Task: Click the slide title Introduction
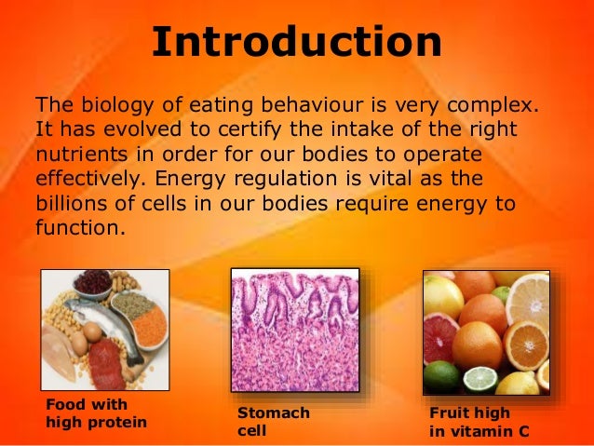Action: [x=296, y=42]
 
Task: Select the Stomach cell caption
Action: [x=274, y=421]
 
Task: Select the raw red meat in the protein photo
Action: [x=103, y=363]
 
